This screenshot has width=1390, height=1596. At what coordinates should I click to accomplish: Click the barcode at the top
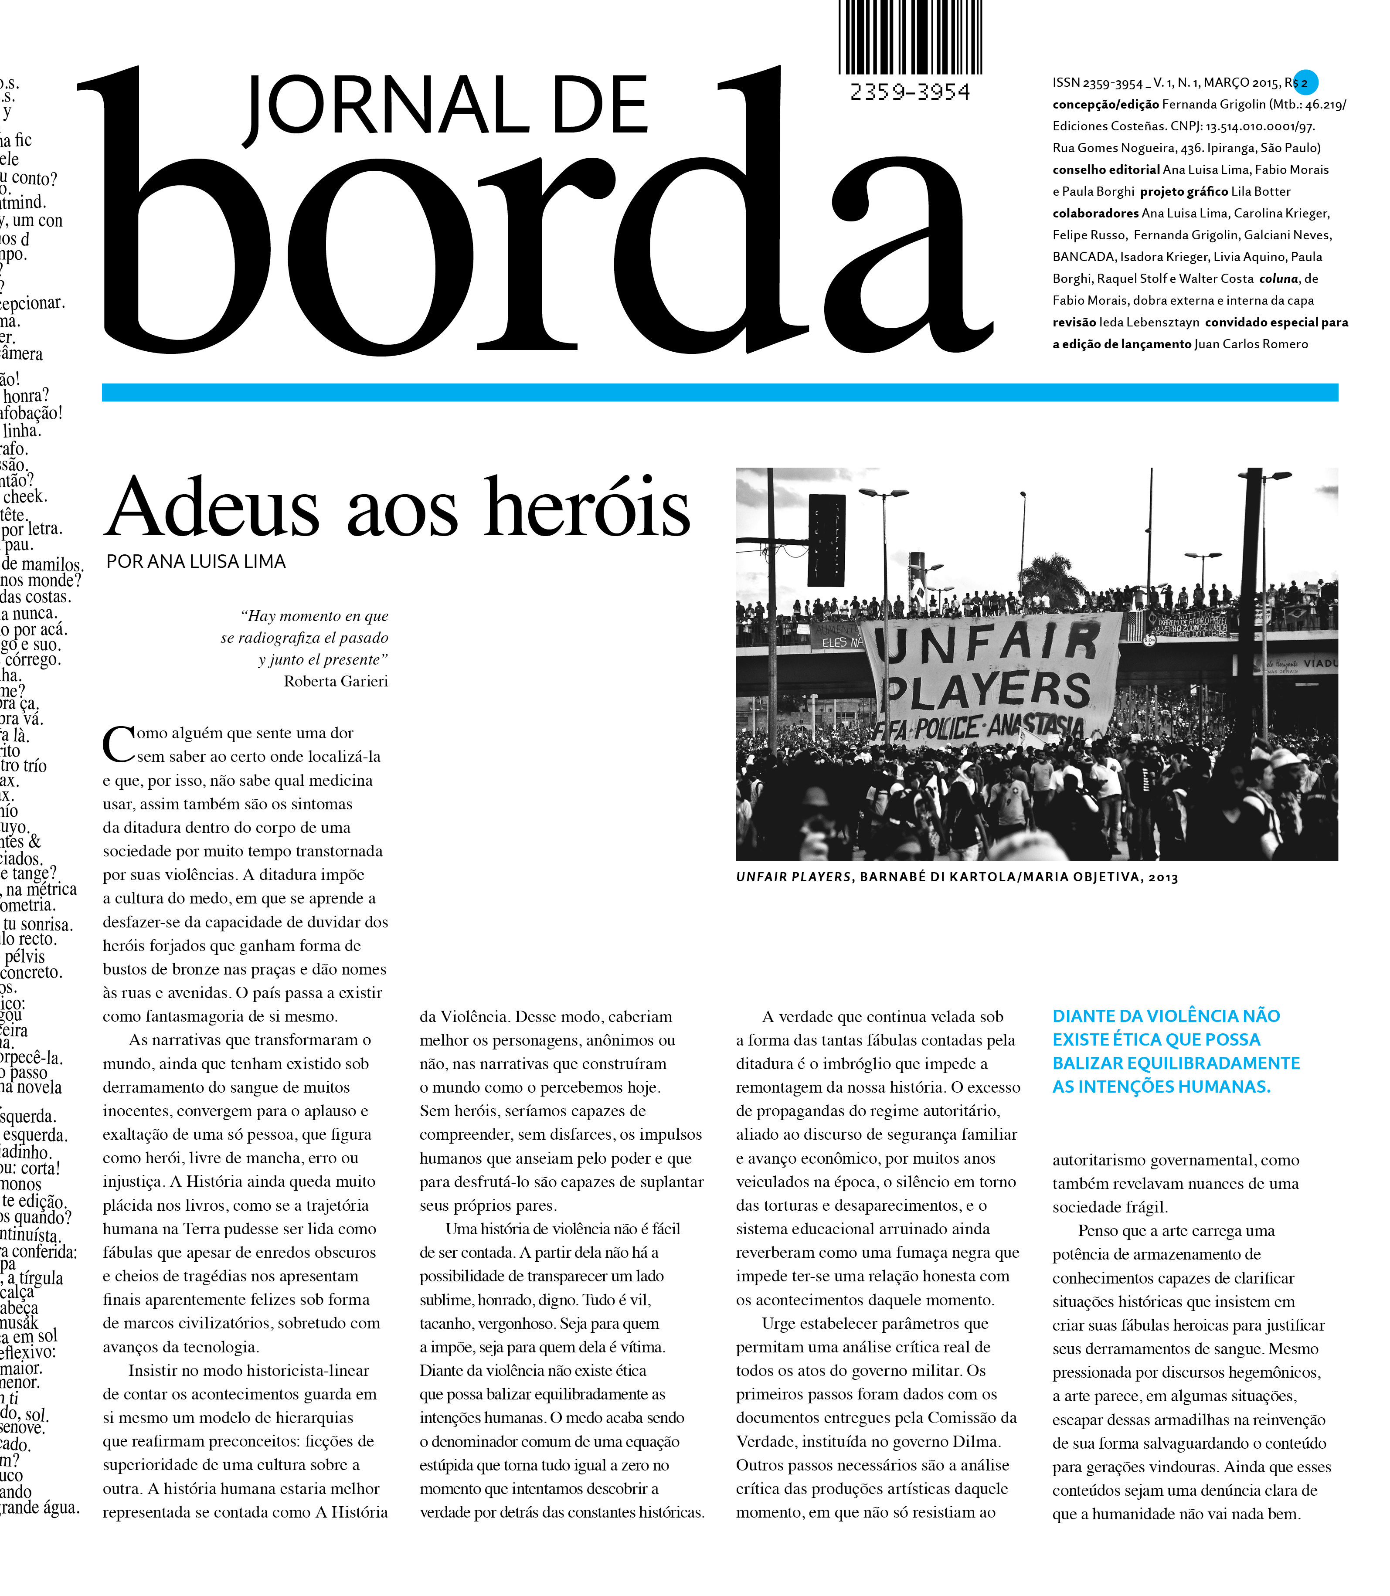pyautogui.click(x=909, y=37)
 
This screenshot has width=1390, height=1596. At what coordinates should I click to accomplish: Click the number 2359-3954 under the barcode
pyautogui.click(x=909, y=92)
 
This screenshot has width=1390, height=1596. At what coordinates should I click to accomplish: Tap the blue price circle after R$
pyautogui.click(x=1305, y=82)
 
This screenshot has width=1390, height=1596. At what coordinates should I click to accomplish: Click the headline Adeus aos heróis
pyautogui.click(x=397, y=508)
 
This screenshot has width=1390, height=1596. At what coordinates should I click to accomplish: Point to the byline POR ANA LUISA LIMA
pyautogui.click(x=196, y=561)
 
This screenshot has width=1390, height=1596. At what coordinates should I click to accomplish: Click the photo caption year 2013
pyautogui.click(x=1163, y=878)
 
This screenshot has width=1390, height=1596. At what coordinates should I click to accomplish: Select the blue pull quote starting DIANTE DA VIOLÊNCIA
pyautogui.click(x=1176, y=1051)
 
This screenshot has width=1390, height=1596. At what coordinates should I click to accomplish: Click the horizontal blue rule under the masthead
pyautogui.click(x=720, y=392)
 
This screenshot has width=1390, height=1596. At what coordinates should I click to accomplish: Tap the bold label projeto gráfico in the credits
pyautogui.click(x=1184, y=192)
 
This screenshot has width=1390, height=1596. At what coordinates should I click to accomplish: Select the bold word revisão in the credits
pyautogui.click(x=1074, y=323)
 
